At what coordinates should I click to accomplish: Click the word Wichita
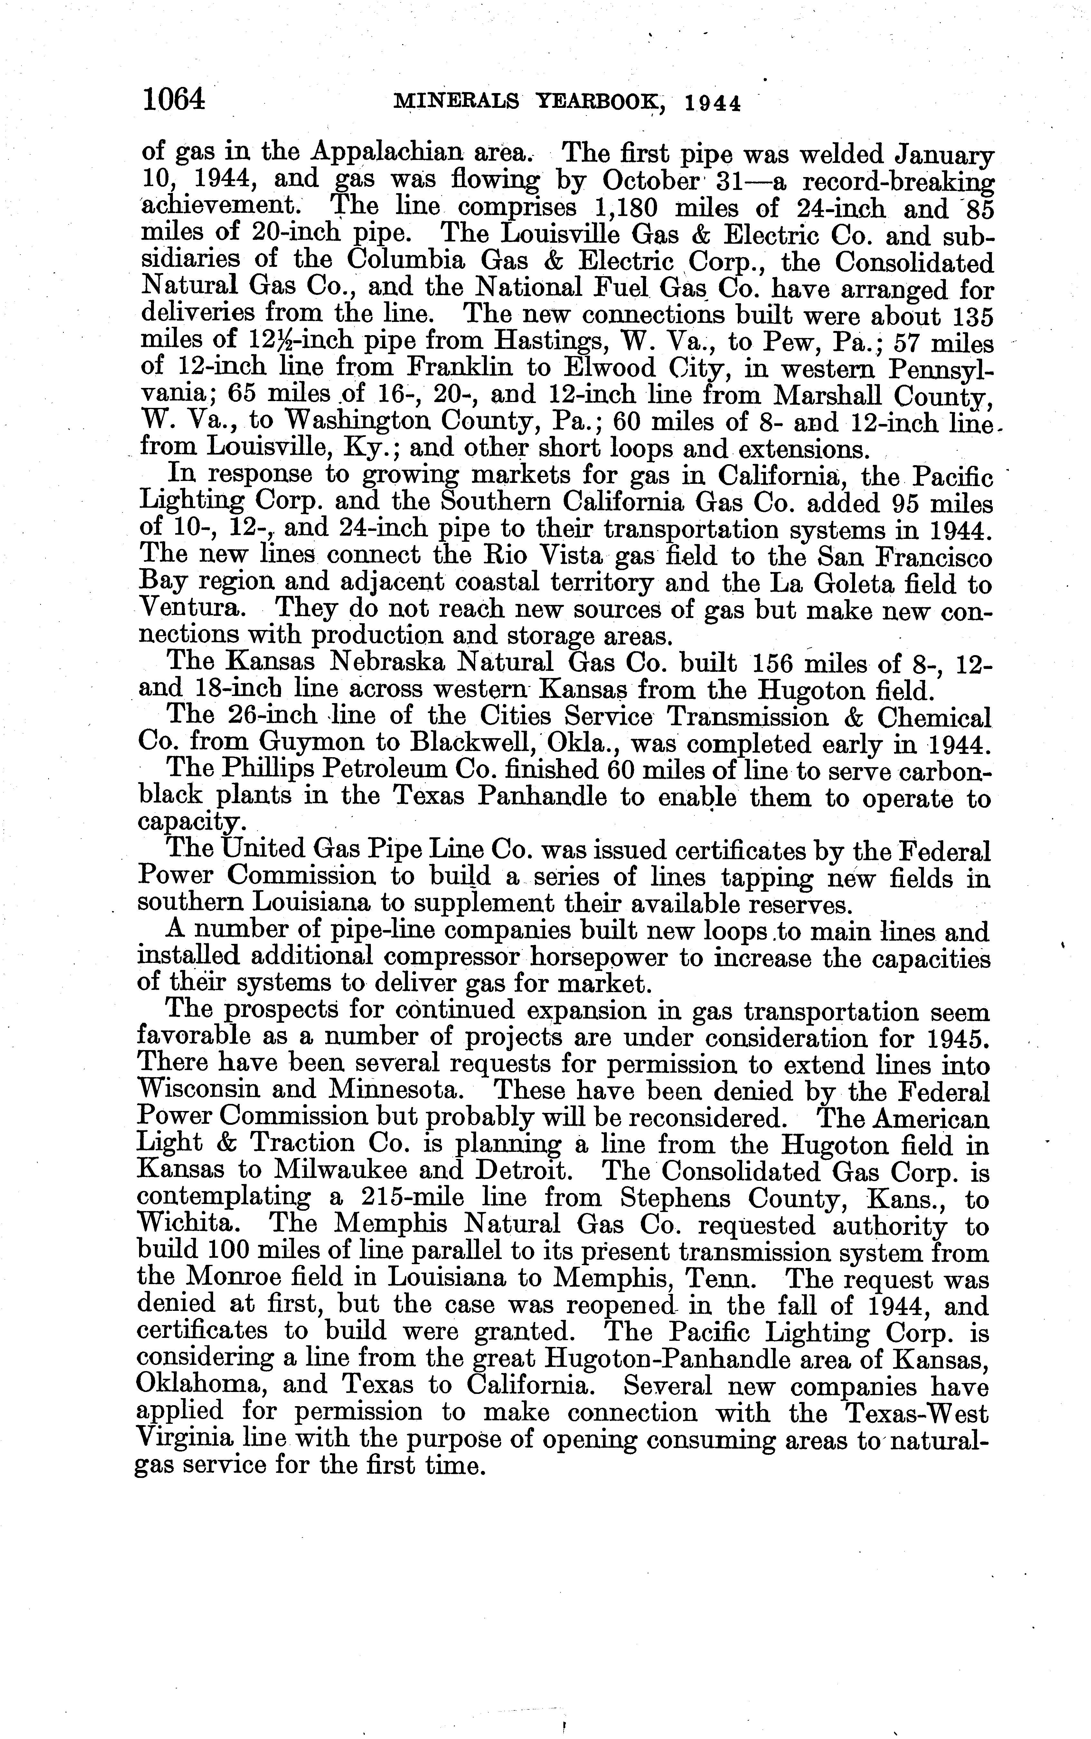185,1224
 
